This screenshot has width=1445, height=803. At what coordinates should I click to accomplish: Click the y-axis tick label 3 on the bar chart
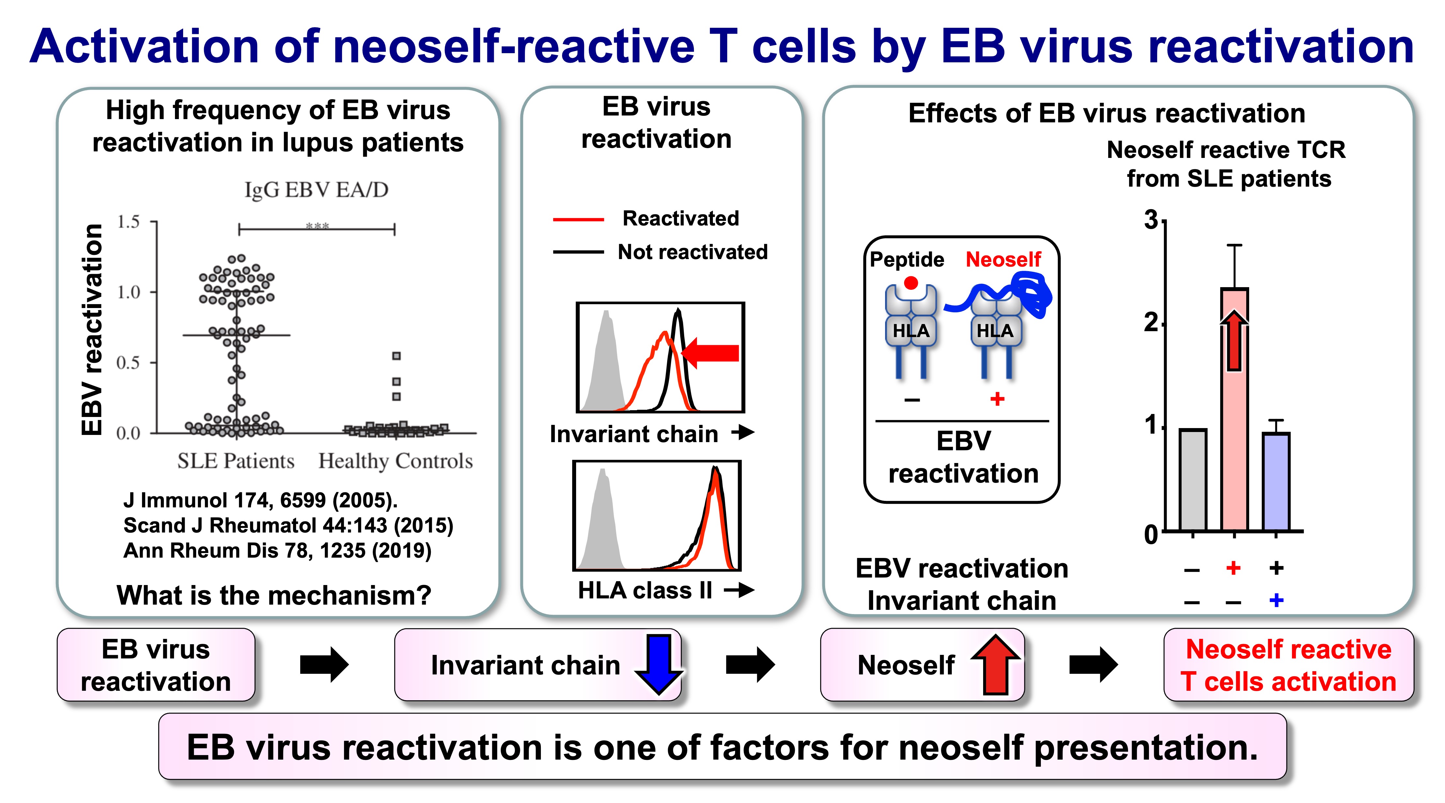[1151, 220]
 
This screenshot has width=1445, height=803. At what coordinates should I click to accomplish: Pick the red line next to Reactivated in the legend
[578, 219]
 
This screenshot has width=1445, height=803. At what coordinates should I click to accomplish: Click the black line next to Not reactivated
[578, 252]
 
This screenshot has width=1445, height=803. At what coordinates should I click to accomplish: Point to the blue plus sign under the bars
[1276, 601]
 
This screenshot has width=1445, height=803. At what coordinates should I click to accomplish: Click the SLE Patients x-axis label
[236, 461]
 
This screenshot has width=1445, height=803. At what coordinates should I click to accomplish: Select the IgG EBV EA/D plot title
[316, 190]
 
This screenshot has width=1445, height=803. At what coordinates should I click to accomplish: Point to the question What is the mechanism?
[274, 595]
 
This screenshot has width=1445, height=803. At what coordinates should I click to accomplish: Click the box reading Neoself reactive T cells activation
[1289, 665]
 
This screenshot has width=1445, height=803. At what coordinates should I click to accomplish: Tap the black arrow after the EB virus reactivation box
[324, 665]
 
